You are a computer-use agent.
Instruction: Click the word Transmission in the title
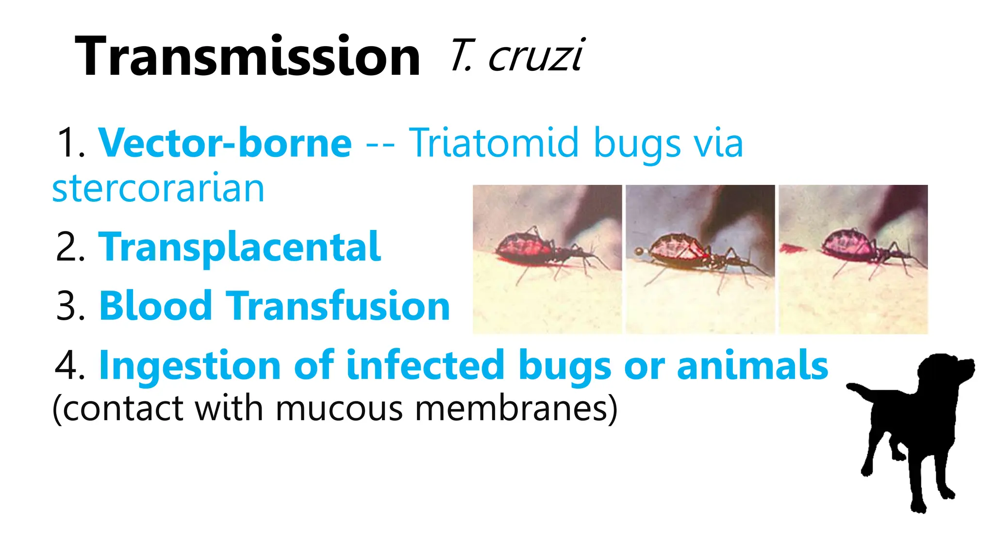point(247,57)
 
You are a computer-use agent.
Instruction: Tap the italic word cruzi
point(536,56)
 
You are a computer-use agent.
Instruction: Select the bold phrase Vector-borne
point(225,143)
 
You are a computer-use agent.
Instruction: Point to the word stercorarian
point(158,189)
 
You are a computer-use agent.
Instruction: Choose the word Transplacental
point(240,247)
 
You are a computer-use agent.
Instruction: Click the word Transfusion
point(338,306)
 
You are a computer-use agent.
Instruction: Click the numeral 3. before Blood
point(70,307)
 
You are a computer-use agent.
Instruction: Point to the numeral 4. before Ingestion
point(70,366)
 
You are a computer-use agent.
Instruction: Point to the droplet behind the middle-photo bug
point(639,251)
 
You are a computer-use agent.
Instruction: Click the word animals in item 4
point(752,365)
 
